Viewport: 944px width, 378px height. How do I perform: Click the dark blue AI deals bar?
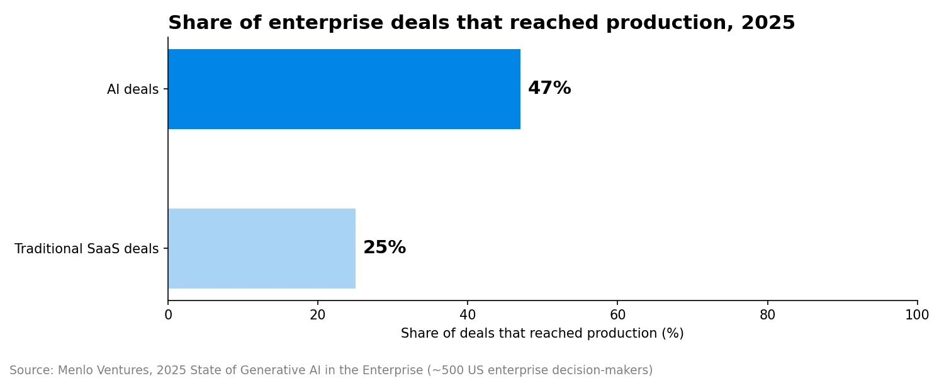click(344, 89)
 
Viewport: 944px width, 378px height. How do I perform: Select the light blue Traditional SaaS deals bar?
click(262, 248)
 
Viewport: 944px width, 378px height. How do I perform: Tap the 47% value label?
click(549, 88)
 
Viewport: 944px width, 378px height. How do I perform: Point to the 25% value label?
click(385, 248)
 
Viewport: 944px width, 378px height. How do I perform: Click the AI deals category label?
click(133, 89)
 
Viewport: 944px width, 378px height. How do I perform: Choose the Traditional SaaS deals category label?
click(86, 249)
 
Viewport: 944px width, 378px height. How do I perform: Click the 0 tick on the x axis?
click(168, 315)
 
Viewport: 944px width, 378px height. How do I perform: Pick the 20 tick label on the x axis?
click(318, 315)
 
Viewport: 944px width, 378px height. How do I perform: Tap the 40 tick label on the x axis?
click(468, 315)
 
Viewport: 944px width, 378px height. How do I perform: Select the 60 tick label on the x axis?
click(617, 315)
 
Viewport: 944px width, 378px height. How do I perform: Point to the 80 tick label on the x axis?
click(767, 315)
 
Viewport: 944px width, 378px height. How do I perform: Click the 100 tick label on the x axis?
click(917, 315)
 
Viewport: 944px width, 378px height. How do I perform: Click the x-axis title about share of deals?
click(542, 334)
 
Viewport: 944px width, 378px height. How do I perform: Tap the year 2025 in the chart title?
click(768, 23)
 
